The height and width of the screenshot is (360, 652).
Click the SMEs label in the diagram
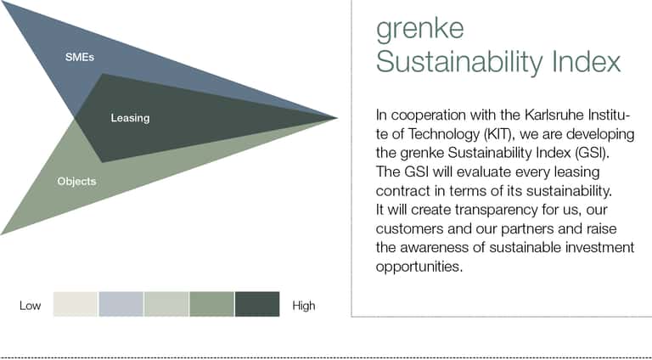[x=80, y=57]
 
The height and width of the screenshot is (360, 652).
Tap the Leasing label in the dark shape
[x=130, y=118]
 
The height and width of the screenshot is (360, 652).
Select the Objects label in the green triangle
[x=76, y=181]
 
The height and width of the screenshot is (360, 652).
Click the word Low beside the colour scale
[x=30, y=306]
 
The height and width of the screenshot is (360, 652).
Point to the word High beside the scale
[x=304, y=306]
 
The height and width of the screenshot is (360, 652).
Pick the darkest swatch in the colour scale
[x=257, y=304]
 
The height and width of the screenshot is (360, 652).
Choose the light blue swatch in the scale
[x=121, y=304]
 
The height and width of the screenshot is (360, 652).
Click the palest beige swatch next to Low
[x=76, y=304]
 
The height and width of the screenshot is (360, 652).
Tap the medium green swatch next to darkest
[x=211, y=304]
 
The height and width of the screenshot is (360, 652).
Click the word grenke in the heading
[x=420, y=29]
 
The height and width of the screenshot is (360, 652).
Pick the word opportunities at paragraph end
[x=419, y=267]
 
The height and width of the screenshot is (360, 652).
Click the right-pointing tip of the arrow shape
[x=337, y=118]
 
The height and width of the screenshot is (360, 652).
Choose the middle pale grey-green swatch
[x=166, y=304]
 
